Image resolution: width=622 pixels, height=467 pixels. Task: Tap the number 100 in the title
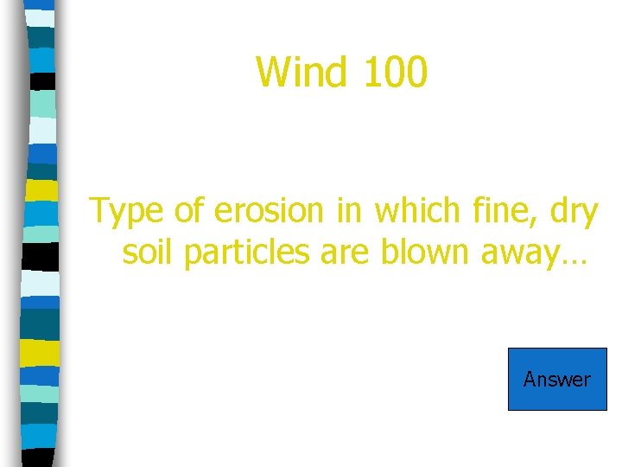(394, 72)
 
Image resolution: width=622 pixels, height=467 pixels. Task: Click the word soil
(149, 253)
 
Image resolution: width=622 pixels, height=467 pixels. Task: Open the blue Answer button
(557, 379)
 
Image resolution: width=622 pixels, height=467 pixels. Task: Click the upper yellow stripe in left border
(41, 189)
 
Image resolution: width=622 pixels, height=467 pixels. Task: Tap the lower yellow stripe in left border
(40, 353)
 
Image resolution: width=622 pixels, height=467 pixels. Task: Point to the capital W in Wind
(274, 72)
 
